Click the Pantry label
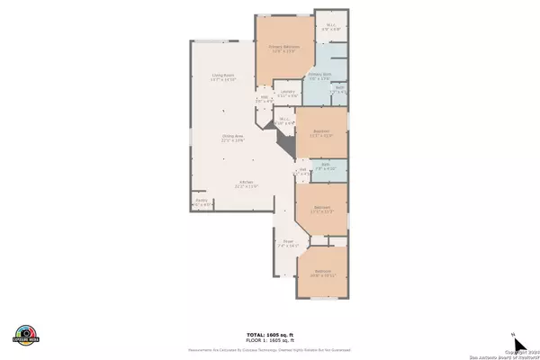(x=202, y=202)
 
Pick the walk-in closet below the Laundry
(x=286, y=121)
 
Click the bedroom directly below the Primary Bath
(x=321, y=133)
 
